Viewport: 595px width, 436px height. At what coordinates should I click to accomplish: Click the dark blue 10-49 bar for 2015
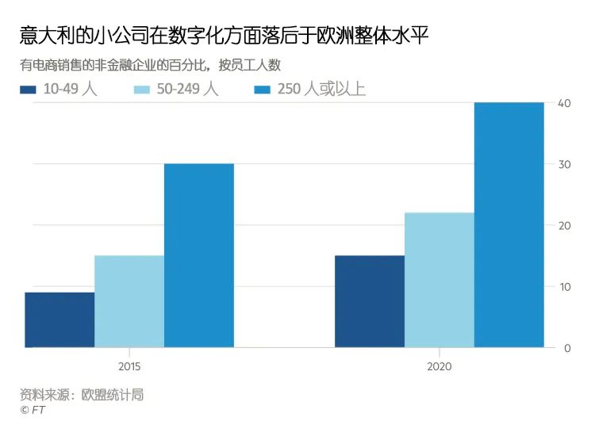coord(59,319)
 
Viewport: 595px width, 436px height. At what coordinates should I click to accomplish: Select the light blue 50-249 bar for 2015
coord(129,301)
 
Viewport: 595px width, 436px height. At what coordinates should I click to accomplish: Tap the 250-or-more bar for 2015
coord(199,255)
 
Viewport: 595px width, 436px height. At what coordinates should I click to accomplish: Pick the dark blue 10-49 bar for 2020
coord(370,301)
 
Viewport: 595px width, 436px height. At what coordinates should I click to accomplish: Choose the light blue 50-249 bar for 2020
coord(440,280)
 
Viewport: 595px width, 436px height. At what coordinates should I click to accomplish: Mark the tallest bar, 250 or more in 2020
coord(509,225)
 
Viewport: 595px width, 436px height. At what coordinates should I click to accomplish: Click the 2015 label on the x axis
coord(129,366)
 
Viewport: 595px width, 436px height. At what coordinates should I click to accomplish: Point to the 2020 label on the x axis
coord(440,366)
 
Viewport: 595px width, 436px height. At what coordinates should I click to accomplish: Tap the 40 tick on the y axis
coord(564,103)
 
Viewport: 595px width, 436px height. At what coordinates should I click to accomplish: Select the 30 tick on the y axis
coord(564,164)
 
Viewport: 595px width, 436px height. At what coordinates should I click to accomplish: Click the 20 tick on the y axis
coord(564,225)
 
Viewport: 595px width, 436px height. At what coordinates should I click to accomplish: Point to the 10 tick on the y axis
coord(564,286)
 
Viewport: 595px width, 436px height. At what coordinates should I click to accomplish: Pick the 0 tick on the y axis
coord(566,348)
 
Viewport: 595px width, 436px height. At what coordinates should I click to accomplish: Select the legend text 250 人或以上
coord(321,89)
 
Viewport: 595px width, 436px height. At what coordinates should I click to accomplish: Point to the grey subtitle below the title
coord(150,65)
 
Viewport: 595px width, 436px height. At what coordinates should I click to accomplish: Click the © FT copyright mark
coord(31,410)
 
